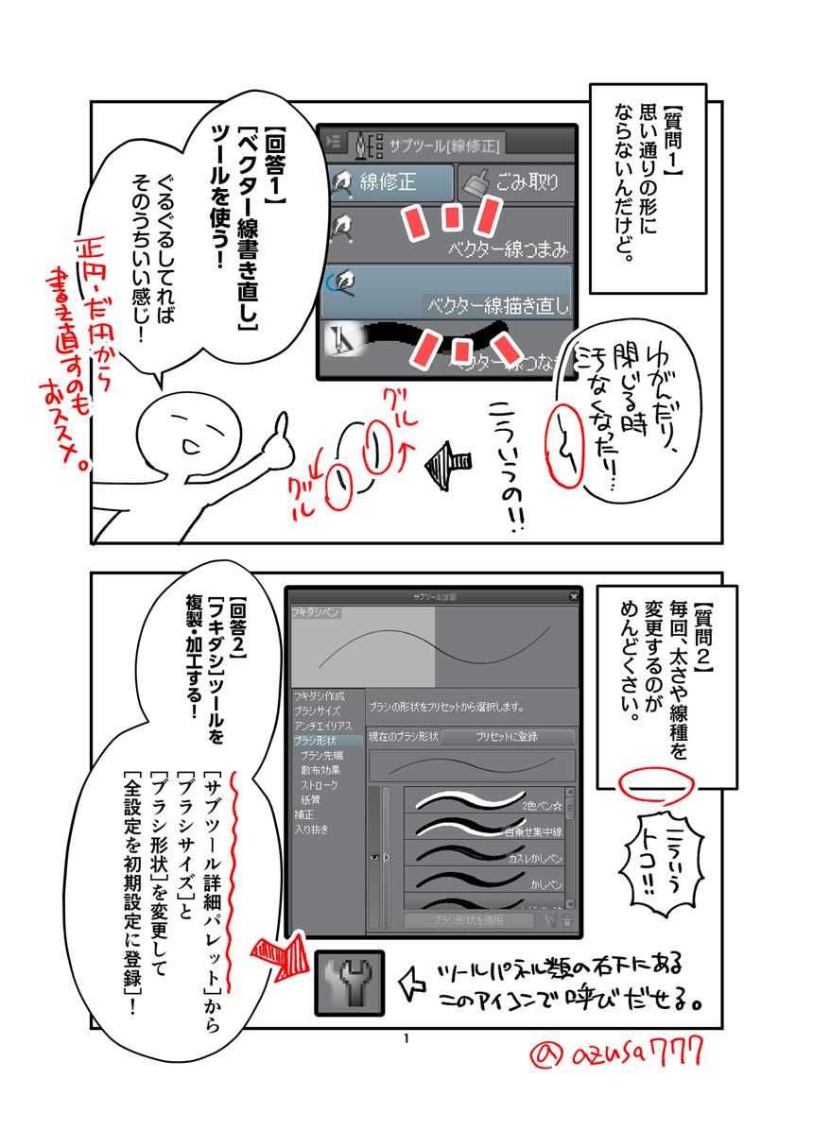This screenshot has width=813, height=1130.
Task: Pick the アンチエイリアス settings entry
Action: point(322,725)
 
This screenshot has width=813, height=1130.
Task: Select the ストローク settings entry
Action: point(320,785)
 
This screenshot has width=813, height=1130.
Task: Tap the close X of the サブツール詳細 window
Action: point(573,597)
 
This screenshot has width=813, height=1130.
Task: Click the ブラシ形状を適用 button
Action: point(468,919)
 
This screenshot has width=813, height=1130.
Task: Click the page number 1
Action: point(406,1040)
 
